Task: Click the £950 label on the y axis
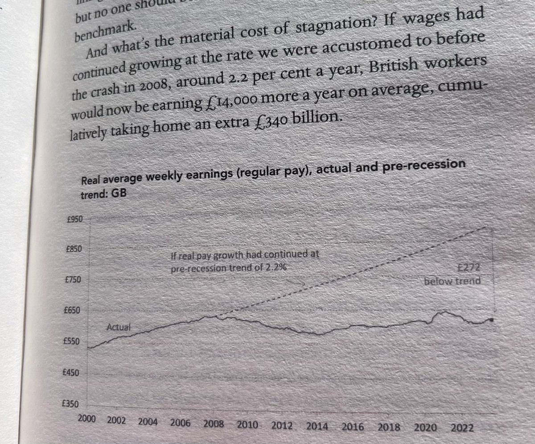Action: (x=73, y=219)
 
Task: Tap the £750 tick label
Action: (x=72, y=280)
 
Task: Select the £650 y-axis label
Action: (x=72, y=310)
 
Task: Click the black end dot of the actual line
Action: (x=491, y=320)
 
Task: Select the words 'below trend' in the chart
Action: (x=452, y=281)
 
